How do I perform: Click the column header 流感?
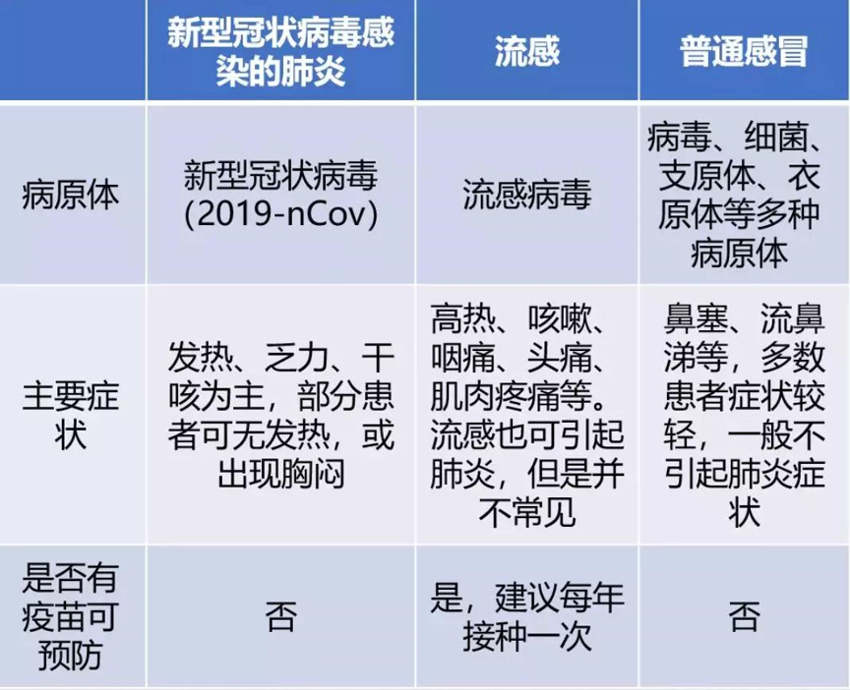coord(527,52)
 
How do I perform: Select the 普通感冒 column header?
coord(744,52)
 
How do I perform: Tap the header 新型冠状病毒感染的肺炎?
coord(280,52)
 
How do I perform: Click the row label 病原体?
coord(71,195)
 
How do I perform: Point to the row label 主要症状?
coord(71,416)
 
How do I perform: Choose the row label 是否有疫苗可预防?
coord(71,616)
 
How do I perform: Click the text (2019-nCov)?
coord(280,215)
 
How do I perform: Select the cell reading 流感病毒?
coord(527,195)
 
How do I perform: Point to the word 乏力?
coord(297,358)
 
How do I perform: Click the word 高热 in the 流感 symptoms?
coord(463,319)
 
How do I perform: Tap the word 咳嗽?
coord(561,319)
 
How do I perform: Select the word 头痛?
coord(561,358)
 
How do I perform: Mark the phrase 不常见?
coord(527,512)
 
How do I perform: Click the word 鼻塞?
coord(697,319)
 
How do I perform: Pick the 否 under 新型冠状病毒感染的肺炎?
coord(280,616)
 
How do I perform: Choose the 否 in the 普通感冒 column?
coord(744,616)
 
